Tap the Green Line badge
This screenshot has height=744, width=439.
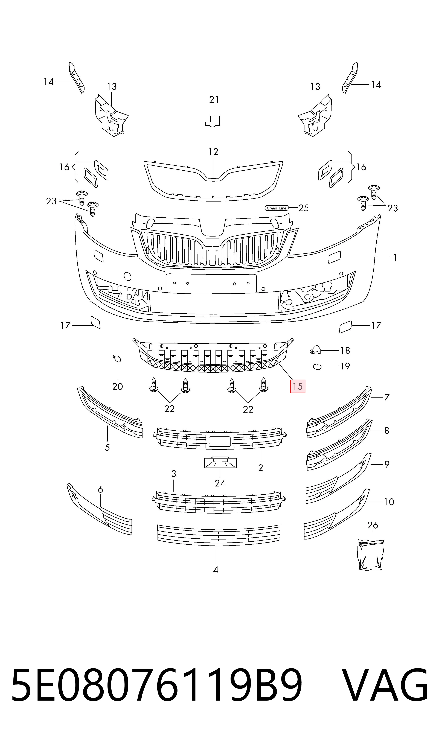pos(276,208)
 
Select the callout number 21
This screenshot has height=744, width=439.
pos(214,100)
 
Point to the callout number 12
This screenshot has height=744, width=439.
pos(213,152)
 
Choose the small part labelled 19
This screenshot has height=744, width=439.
pos(317,366)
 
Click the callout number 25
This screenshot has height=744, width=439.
pos(304,208)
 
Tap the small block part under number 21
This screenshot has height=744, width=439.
pos(213,121)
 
